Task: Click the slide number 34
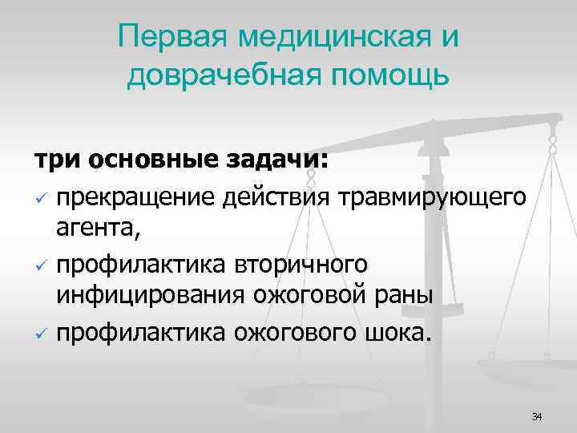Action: [x=536, y=415]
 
